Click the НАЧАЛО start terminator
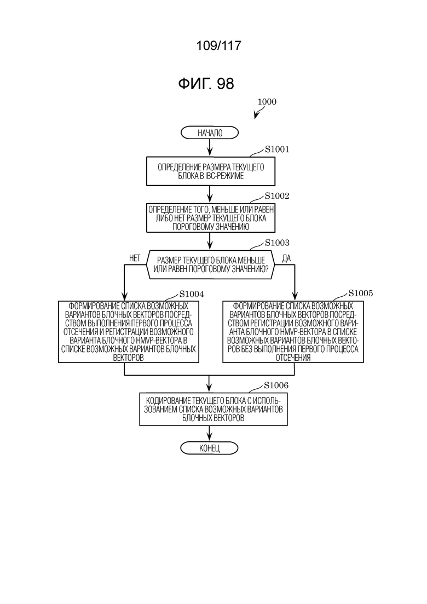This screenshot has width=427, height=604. point(210,133)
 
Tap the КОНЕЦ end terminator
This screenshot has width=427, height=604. point(210,448)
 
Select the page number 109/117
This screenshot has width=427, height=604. point(218,46)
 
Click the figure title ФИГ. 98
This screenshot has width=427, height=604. point(206,84)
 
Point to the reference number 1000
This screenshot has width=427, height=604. point(267,102)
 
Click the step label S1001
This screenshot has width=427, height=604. point(277,149)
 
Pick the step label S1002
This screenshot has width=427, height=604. point(277,196)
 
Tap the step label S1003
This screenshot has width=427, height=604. point(277,243)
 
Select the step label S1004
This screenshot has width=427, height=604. point(192,294)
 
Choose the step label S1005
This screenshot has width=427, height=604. point(361,294)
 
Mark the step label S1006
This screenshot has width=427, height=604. point(276,386)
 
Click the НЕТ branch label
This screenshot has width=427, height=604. point(135,258)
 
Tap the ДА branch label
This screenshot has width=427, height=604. point(286,258)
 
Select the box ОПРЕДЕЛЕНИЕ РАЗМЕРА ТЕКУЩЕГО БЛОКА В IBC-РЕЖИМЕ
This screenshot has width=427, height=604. point(211,171)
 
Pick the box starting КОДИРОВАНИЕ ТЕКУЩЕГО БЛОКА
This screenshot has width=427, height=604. point(214,409)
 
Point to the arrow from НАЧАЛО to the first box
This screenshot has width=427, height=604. point(210,148)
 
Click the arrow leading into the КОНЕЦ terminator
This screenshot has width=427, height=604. point(210,434)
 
